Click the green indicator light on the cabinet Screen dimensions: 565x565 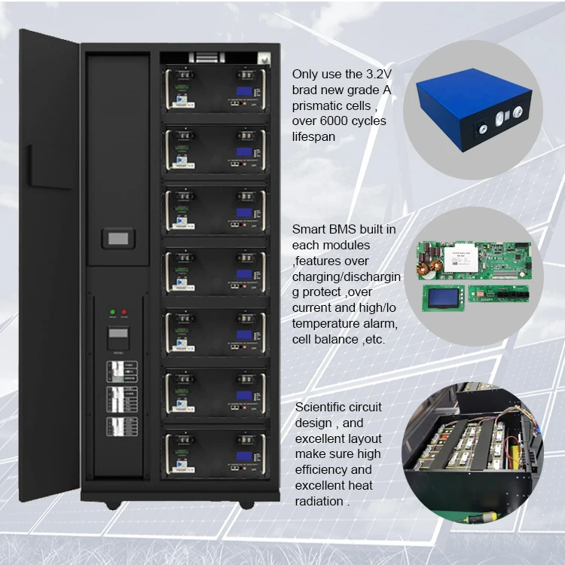click(x=111, y=312)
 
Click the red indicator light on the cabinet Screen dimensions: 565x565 click(x=124, y=312)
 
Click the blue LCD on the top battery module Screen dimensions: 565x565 click(x=244, y=92)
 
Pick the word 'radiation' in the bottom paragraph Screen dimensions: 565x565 click(x=319, y=501)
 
